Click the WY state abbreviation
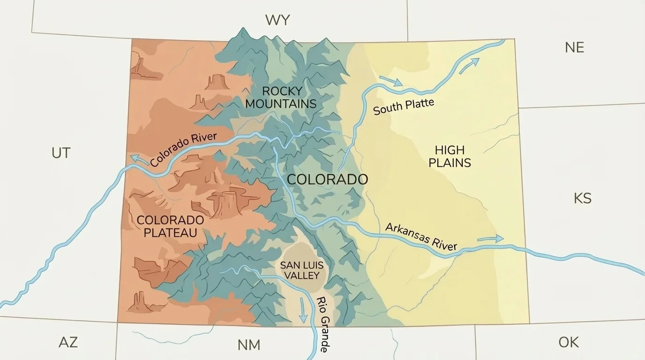(x=277, y=20)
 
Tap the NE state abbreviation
(x=574, y=47)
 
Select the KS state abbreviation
(x=582, y=198)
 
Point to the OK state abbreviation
(x=568, y=342)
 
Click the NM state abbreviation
(x=248, y=345)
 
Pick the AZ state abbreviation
(x=68, y=342)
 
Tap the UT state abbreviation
(x=61, y=153)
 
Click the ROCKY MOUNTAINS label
(x=281, y=97)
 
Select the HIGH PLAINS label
(x=450, y=157)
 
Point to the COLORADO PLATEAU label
(x=170, y=226)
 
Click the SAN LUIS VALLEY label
(x=302, y=270)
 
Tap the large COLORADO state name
(x=327, y=179)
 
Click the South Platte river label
(x=404, y=107)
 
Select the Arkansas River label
(x=421, y=236)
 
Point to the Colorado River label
(x=184, y=149)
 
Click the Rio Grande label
(x=323, y=324)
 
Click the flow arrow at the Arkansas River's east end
(x=490, y=239)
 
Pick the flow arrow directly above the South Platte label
(x=391, y=81)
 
